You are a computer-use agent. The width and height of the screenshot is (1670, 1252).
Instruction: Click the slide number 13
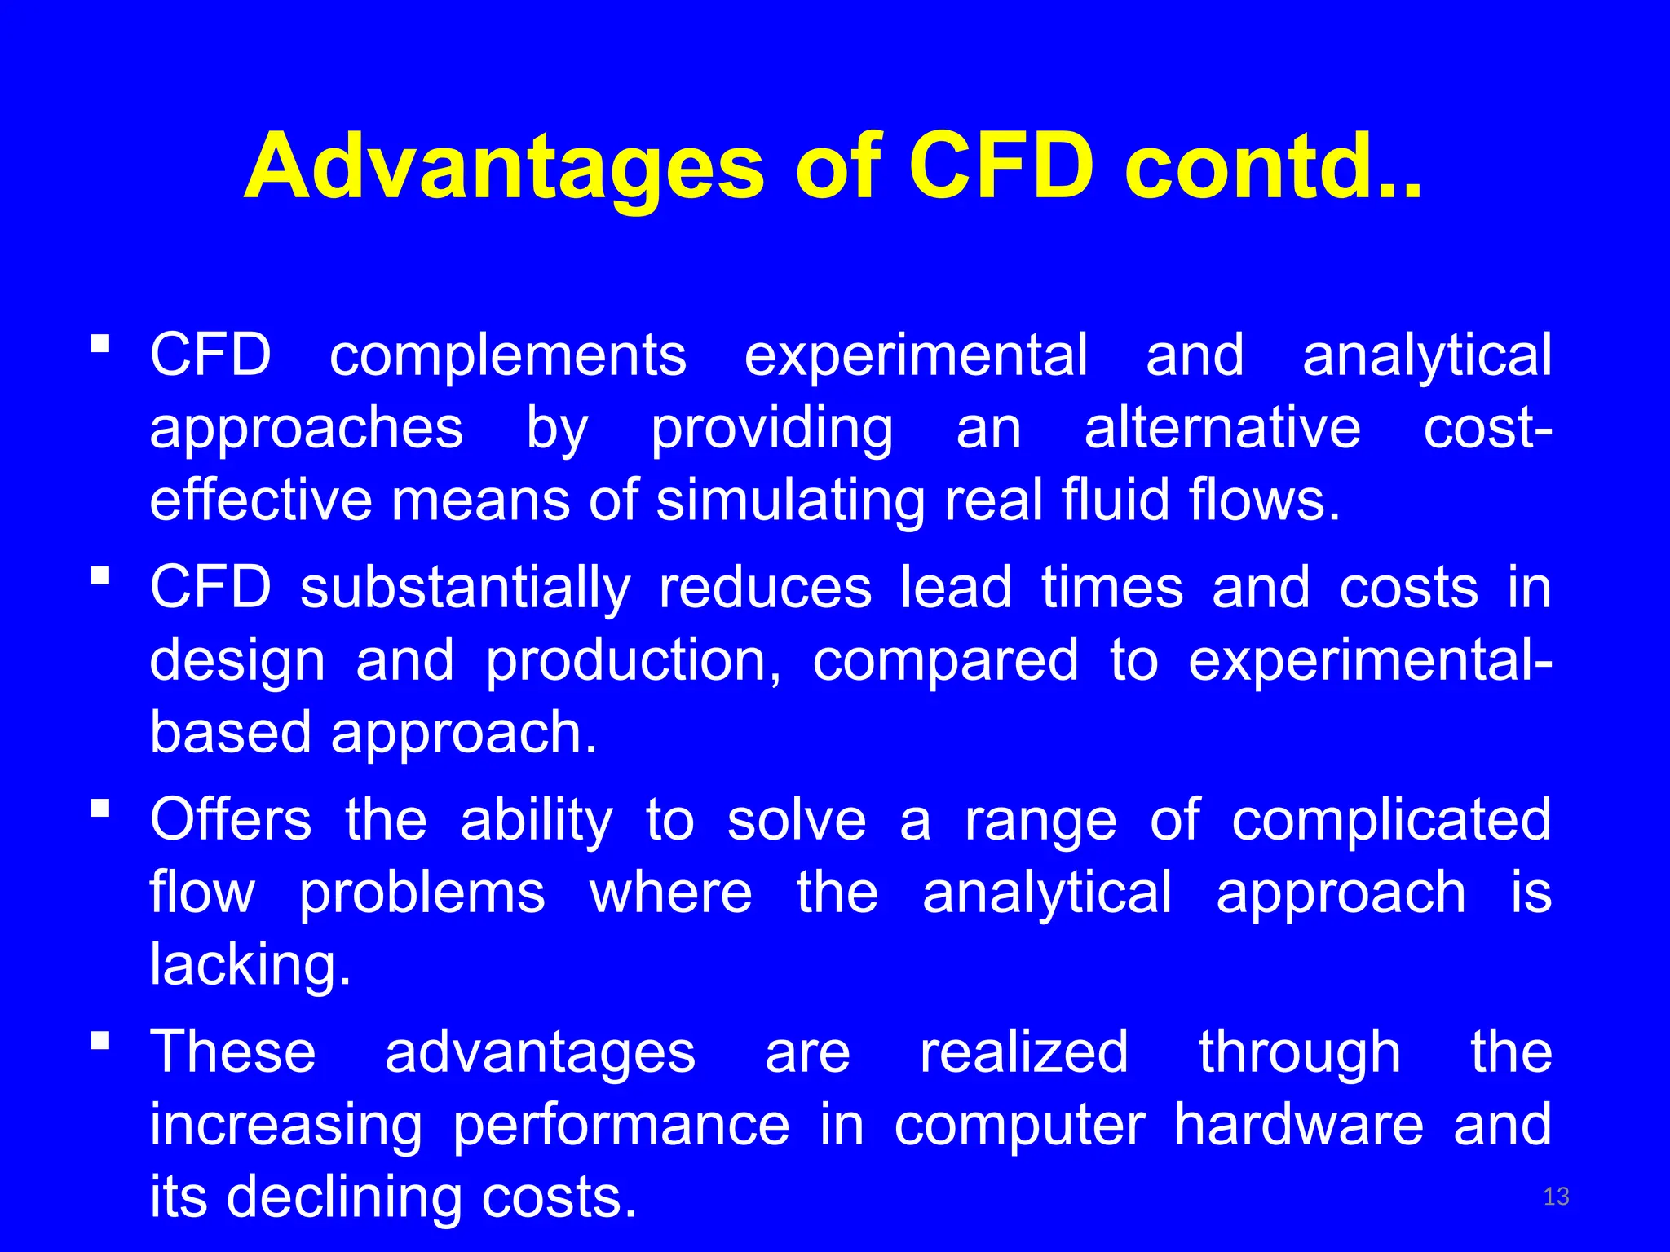[1556, 1197]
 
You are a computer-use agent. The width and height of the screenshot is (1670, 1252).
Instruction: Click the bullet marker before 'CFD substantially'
[100, 575]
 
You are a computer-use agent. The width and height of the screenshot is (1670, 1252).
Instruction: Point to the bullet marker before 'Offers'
[100, 808]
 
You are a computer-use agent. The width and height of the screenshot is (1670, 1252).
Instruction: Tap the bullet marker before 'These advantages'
[100, 1040]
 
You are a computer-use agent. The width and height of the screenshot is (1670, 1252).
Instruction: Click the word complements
[507, 356]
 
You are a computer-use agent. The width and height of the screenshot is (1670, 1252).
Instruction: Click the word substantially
[465, 589]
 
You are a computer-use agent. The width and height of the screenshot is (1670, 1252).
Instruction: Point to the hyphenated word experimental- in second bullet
[1370, 661]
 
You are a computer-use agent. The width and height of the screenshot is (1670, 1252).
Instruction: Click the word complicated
[1391, 820]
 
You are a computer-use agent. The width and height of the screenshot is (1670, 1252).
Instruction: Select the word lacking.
[250, 965]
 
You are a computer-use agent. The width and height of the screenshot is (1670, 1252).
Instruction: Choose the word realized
[1024, 1052]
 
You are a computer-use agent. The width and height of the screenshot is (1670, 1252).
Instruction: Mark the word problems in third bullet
[422, 893]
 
